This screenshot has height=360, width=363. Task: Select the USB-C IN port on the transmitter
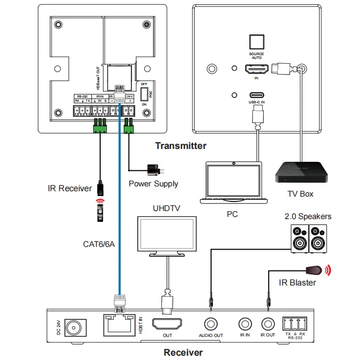coord(256,95)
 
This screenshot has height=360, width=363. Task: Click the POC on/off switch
coord(144,95)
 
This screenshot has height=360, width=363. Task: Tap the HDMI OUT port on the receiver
coord(168,325)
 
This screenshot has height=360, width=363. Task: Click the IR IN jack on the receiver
coord(245,325)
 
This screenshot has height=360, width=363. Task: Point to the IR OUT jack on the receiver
coord(267,325)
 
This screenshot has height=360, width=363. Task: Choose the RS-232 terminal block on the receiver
coord(294,324)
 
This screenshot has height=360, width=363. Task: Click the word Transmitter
coord(180,146)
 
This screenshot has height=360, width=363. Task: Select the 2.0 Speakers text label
coord(307,216)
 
